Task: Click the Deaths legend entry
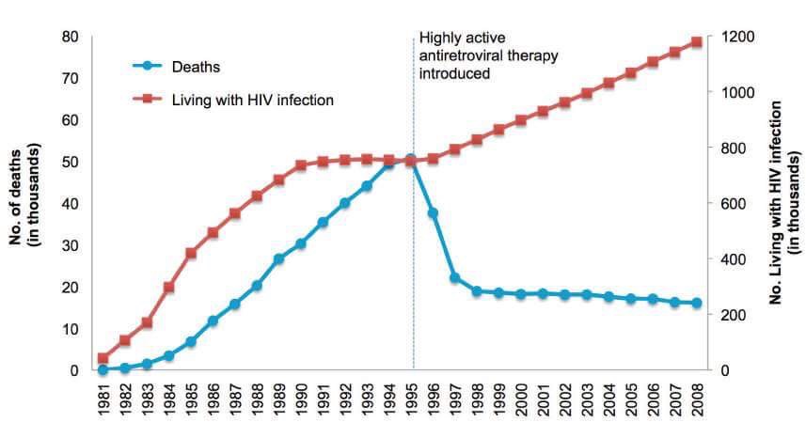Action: tap(196, 66)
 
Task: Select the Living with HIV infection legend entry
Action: tap(251, 98)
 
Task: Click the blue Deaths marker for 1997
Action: tap(454, 278)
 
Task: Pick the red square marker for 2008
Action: tap(697, 42)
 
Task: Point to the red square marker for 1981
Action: tap(103, 358)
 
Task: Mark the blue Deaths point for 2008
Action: tap(697, 303)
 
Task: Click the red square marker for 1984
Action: tap(169, 287)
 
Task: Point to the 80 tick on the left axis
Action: tap(70, 37)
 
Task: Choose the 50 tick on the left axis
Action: tap(70, 162)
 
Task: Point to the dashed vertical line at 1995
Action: tap(414, 263)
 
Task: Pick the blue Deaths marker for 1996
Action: tap(433, 213)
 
